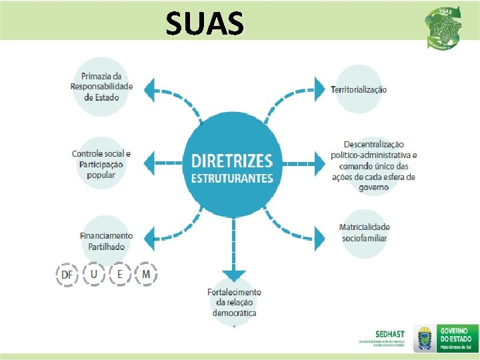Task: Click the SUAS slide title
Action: click(x=205, y=24)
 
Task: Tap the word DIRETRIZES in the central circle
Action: click(x=232, y=161)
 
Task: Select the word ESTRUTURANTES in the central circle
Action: click(x=232, y=178)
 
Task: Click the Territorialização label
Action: click(x=359, y=89)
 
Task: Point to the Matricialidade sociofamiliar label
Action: click(x=364, y=233)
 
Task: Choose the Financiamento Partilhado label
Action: click(x=106, y=241)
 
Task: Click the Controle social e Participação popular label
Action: click(x=101, y=165)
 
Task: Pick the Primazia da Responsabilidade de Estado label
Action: click(x=102, y=87)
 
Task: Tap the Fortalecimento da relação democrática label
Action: click(x=235, y=302)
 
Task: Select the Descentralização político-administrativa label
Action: click(x=373, y=165)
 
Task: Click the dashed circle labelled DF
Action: click(x=67, y=275)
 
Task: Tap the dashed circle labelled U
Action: click(x=94, y=275)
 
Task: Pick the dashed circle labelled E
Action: click(x=120, y=275)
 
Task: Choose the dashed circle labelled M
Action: click(x=146, y=275)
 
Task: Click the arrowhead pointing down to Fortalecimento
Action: click(x=233, y=273)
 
